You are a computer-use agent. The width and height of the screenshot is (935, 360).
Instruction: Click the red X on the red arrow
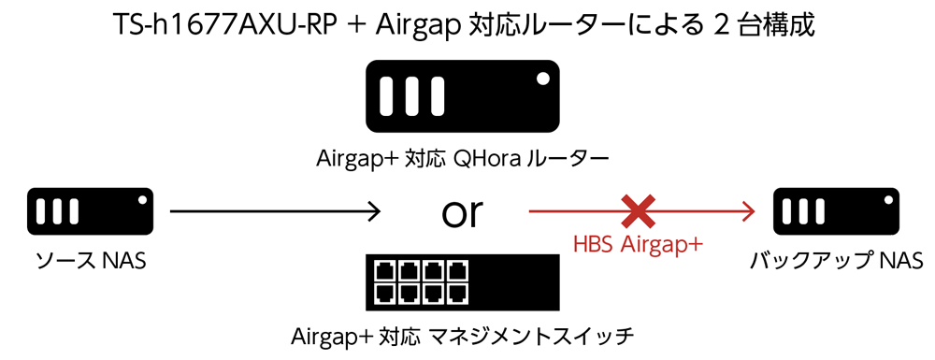[x=639, y=211]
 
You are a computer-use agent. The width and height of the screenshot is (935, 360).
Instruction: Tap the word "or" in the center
[x=462, y=213]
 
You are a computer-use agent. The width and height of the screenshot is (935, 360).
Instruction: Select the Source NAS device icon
[x=90, y=211]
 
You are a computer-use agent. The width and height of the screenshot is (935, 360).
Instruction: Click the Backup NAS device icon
[x=836, y=211]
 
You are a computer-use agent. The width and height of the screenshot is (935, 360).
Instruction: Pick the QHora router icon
[x=463, y=96]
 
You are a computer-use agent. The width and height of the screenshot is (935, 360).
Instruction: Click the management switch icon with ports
[x=463, y=282]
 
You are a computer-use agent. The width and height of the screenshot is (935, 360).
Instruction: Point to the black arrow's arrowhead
[x=373, y=211]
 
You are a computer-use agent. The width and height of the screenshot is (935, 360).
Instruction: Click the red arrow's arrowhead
[x=747, y=211]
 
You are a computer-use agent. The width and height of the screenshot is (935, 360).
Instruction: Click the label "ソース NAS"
[x=91, y=261]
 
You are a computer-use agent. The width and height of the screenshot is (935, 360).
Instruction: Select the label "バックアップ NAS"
[x=837, y=261]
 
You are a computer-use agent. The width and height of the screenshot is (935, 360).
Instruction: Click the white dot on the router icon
[x=542, y=79]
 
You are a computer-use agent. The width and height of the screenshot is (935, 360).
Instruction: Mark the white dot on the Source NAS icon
[x=142, y=200]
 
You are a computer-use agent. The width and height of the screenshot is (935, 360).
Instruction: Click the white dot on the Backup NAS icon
[x=888, y=200]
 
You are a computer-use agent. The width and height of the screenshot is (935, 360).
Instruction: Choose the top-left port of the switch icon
[x=383, y=271]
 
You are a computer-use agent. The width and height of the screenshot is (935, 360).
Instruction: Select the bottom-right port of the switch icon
[x=456, y=294]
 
